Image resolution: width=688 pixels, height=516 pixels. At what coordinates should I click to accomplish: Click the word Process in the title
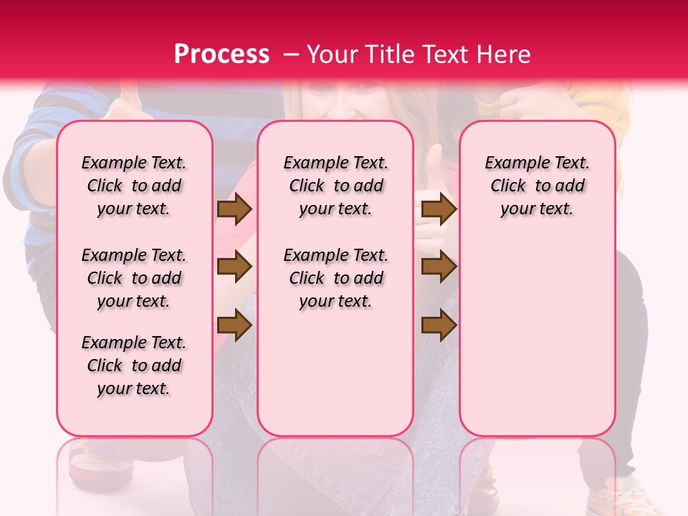[221, 54]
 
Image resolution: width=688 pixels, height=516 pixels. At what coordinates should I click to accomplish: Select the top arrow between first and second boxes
[234, 209]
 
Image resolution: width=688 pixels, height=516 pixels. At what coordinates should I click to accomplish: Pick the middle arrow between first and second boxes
[234, 267]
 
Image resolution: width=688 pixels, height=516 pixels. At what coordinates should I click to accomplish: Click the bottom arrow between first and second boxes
[234, 325]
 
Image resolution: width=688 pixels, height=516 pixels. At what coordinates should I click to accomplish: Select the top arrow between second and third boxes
[439, 209]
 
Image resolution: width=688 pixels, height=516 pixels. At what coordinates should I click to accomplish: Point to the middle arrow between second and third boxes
[439, 267]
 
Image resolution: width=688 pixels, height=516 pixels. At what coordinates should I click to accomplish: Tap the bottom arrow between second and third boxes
[439, 325]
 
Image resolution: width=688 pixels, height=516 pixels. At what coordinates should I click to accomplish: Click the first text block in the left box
[134, 186]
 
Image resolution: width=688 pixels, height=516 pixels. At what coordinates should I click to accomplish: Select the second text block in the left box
[134, 278]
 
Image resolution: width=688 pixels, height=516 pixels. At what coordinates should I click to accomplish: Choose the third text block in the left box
[134, 365]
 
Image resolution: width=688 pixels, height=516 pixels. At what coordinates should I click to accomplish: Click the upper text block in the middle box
[335, 186]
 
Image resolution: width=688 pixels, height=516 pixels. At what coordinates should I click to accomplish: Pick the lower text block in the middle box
[335, 278]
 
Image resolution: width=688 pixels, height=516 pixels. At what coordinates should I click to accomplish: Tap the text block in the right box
[537, 186]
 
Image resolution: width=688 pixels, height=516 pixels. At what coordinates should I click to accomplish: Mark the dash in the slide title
[292, 54]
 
